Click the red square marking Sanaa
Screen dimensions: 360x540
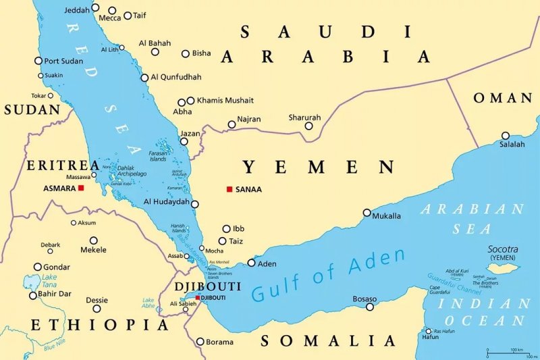pyautogui.click(x=230, y=189)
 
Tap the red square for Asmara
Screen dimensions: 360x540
pyautogui.click(x=81, y=188)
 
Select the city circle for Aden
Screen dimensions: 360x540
pyautogui.click(x=252, y=263)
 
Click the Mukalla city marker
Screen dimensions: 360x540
pyautogui.click(x=367, y=213)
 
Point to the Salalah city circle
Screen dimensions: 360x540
pyautogui.click(x=505, y=136)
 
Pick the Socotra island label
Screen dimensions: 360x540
pyautogui.click(x=504, y=249)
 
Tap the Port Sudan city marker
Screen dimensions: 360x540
pyautogui.click(x=38, y=61)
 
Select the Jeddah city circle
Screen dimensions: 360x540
pyautogui.click(x=95, y=8)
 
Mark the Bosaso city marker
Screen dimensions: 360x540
pyautogui.click(x=370, y=307)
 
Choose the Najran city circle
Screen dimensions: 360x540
pyautogui.click(x=232, y=124)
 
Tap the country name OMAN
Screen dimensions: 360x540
pyautogui.click(x=503, y=98)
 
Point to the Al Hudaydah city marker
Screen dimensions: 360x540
pyautogui.click(x=194, y=204)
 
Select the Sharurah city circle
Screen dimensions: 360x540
pyautogui.click(x=308, y=126)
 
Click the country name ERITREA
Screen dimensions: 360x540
pyautogui.click(x=63, y=165)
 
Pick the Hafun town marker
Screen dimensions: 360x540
pyautogui.click(x=427, y=331)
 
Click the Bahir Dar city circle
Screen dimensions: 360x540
pyautogui.click(x=32, y=295)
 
